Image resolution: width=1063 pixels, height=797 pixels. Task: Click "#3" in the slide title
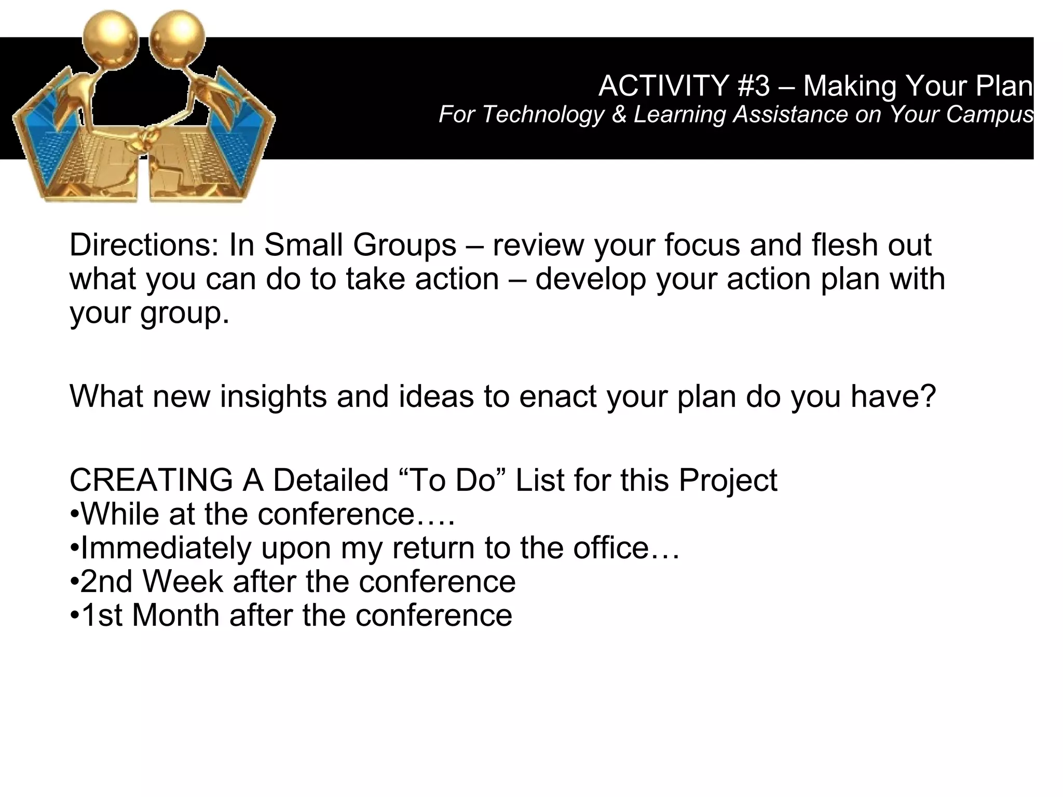[753, 86]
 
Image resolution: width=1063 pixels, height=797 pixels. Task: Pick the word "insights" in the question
[273, 396]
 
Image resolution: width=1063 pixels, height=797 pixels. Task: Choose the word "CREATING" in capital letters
[151, 480]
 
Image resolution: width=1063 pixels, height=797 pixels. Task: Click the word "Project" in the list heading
[728, 480]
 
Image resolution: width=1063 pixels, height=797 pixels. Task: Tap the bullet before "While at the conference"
[74, 515]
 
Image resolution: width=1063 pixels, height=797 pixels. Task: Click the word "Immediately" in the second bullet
[166, 548]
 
